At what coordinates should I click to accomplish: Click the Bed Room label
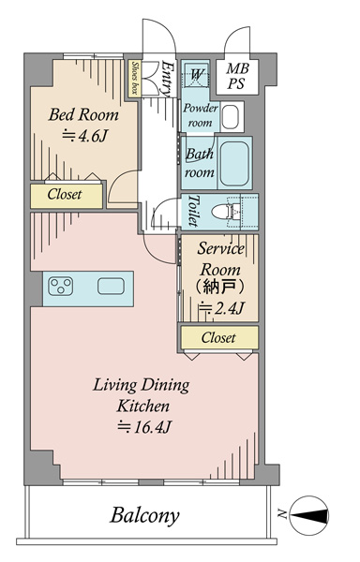[83, 114]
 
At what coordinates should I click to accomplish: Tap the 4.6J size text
[84, 136]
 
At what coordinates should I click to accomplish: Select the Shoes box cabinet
[134, 79]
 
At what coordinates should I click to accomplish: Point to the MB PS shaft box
[237, 77]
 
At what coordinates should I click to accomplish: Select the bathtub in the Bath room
[234, 163]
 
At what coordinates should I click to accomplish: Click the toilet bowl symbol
[227, 211]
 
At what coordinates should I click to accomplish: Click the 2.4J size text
[222, 308]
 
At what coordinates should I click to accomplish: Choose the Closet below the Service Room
[218, 337]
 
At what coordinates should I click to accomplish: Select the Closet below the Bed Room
[67, 196]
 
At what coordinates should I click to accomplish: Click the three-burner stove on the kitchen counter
[61, 287]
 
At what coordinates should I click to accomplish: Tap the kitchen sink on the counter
[112, 287]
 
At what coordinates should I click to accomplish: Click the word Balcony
[144, 516]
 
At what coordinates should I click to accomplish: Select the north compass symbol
[308, 515]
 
